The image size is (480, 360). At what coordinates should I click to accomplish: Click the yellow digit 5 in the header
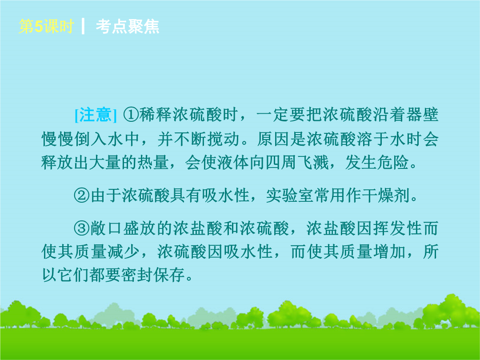coord(39,26)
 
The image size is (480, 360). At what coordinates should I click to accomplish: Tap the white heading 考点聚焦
coord(128,26)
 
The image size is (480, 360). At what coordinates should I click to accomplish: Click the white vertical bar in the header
coord(83,26)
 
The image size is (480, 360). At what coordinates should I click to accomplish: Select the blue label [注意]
coord(96,115)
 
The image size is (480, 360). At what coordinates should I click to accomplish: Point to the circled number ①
coord(131,115)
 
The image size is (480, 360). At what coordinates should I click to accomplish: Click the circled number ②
coord(82,195)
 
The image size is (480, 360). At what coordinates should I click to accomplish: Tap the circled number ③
coord(82,228)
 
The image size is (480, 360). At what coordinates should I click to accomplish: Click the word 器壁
coord(422,115)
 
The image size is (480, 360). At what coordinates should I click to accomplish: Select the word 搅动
coord(224,139)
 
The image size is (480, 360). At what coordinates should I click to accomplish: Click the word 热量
coord(153,162)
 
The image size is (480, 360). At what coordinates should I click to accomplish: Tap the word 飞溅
coord(313,162)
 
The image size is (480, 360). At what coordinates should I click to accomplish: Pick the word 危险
coord(393,162)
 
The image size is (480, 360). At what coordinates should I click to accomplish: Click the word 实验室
coord(290,195)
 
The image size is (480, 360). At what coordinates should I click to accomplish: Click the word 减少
coord(124,252)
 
